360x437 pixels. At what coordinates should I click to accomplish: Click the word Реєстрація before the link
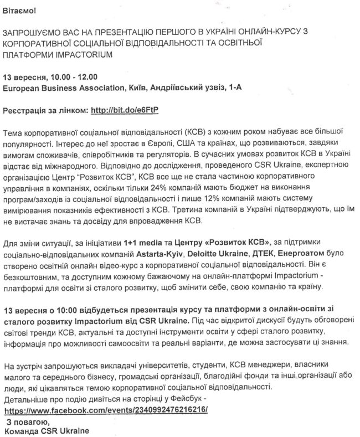pos(24,110)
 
